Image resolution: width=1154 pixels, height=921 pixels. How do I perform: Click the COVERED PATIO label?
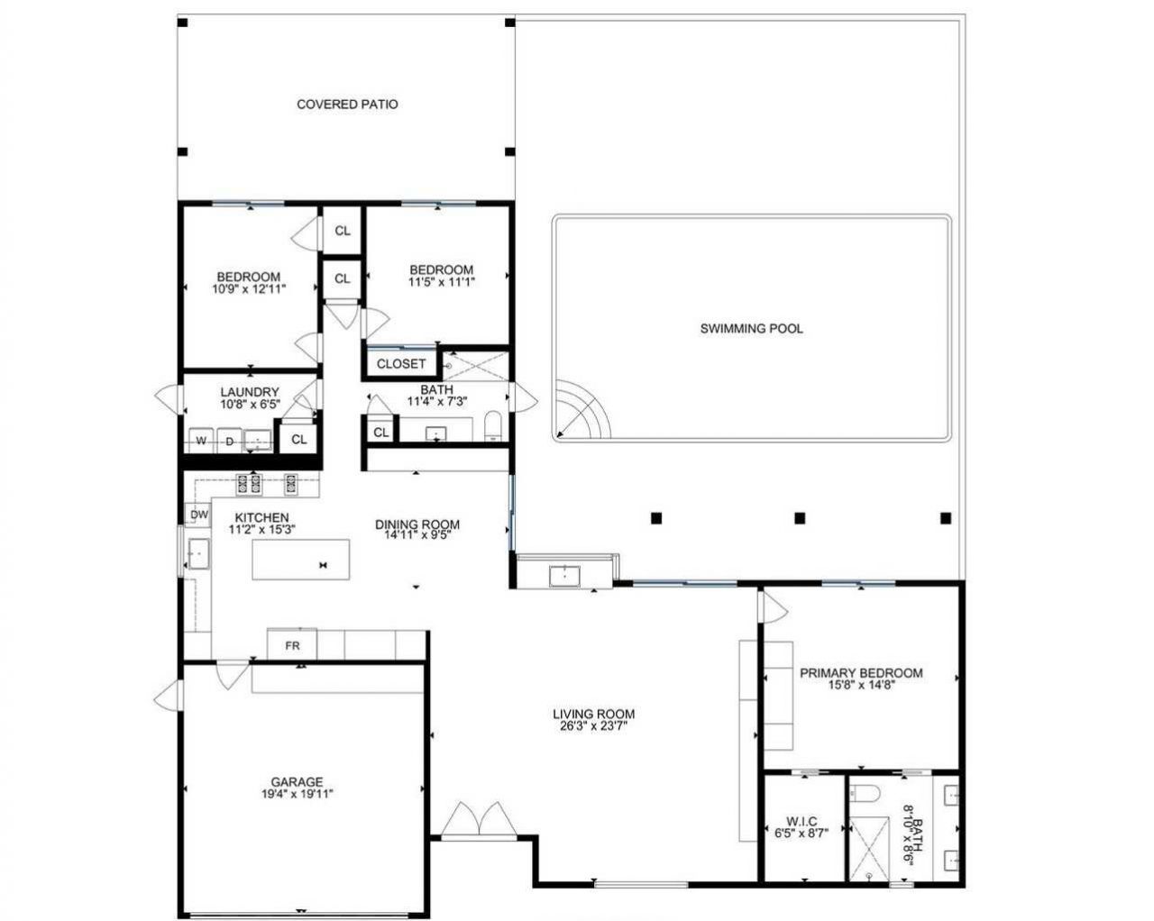[x=347, y=105]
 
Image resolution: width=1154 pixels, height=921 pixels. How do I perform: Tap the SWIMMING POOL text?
[x=751, y=329]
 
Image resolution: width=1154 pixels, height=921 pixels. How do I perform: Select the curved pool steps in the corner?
[x=582, y=411]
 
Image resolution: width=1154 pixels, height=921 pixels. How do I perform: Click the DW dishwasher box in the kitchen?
[x=198, y=515]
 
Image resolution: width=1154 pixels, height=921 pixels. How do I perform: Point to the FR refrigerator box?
[x=292, y=645]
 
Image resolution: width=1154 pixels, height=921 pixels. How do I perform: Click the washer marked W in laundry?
[x=201, y=441]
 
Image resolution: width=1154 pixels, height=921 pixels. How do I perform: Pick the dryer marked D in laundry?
[x=229, y=441]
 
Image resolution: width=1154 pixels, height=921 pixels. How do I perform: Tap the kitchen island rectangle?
[x=300, y=561]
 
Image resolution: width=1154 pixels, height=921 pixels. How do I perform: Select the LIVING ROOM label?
[x=594, y=715]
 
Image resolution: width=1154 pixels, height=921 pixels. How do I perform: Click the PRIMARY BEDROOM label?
[x=861, y=673]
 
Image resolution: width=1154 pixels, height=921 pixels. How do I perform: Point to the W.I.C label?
[x=801, y=821]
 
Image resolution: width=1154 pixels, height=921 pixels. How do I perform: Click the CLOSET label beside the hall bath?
[x=400, y=364]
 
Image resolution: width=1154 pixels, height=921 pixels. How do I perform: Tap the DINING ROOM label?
[x=417, y=524]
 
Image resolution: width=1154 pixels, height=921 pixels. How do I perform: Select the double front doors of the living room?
[x=478, y=819]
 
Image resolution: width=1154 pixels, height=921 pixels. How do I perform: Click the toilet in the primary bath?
[x=864, y=793]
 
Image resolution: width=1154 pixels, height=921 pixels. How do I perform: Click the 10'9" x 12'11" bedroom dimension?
[x=248, y=289]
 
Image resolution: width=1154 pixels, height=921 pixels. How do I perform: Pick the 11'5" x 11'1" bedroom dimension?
[x=441, y=281]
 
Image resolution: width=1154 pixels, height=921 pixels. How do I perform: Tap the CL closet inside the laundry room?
[x=298, y=440]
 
